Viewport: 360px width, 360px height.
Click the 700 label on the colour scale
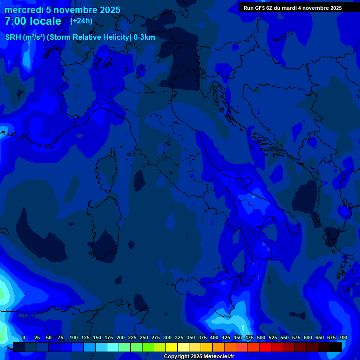click(x=343, y=337)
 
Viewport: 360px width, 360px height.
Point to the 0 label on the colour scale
click(x=24, y=337)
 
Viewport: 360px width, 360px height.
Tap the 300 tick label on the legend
click(x=167, y=337)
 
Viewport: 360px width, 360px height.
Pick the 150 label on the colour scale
click(x=97, y=337)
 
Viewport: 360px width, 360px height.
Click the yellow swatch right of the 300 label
click(x=172, y=347)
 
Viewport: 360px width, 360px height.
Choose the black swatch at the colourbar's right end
click(x=336, y=347)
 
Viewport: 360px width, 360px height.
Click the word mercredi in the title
click(x=24, y=10)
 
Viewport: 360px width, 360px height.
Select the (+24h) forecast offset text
click(x=81, y=21)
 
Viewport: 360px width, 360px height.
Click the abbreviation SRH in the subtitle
click(x=13, y=37)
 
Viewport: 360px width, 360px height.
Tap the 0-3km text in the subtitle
click(x=144, y=37)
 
